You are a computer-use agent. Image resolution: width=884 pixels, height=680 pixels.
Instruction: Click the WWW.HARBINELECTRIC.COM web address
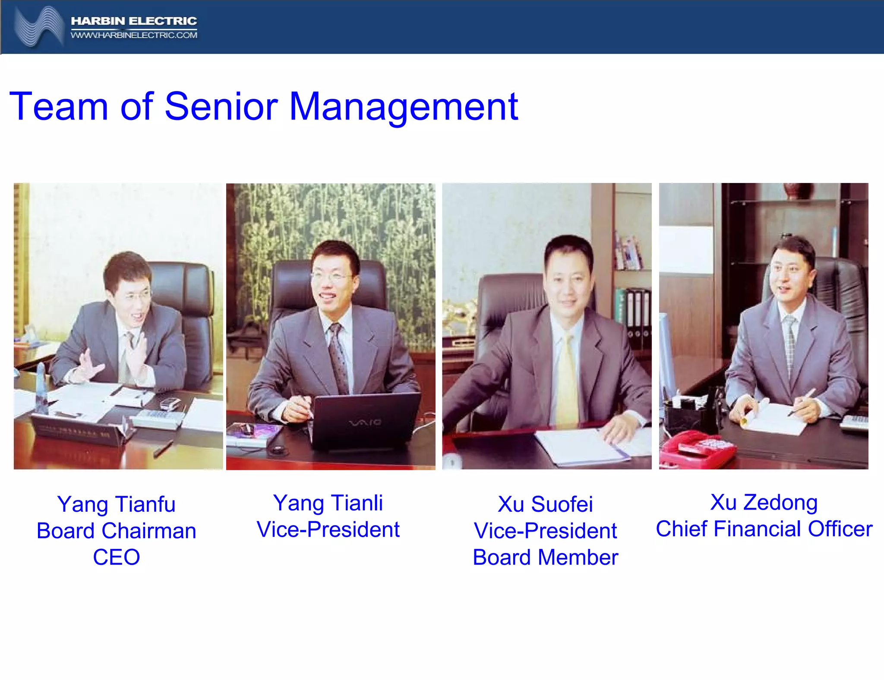[x=134, y=35]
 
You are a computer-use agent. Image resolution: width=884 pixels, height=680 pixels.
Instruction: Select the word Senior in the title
[x=221, y=107]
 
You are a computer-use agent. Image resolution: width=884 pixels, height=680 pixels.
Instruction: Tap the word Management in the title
[x=403, y=107]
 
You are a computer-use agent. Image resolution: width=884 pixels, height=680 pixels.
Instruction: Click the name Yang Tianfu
[x=116, y=504]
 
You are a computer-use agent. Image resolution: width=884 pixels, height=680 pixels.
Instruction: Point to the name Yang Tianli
[x=328, y=503]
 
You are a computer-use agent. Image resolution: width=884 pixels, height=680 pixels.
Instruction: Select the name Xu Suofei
[x=545, y=504]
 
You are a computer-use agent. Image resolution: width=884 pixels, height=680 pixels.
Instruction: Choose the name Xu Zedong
[x=764, y=502]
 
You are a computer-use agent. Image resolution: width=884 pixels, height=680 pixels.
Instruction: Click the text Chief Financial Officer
[x=764, y=529]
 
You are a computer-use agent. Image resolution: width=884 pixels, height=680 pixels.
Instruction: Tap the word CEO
[x=116, y=557]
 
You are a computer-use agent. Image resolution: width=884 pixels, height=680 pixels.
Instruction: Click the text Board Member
[x=545, y=557]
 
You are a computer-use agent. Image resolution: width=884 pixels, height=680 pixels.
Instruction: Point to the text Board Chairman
[x=116, y=531]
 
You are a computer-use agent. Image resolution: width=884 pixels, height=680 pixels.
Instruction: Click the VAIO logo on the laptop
[x=365, y=422]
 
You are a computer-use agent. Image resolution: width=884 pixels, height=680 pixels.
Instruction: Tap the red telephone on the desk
[x=695, y=449]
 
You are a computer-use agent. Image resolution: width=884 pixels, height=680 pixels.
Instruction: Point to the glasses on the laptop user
[x=330, y=276]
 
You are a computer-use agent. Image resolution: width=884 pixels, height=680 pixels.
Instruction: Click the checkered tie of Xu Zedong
[x=789, y=345]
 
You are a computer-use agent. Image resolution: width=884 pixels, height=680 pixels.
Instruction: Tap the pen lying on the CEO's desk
[x=164, y=449]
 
